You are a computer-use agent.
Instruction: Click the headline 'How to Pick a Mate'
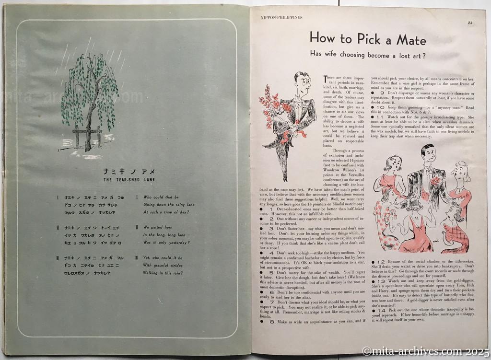[368, 39]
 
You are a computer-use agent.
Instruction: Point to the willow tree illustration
[91, 96]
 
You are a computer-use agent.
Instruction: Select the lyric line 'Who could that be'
[161, 197]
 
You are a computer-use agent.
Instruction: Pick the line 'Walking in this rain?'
[167, 273]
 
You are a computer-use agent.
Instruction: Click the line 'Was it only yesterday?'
[169, 242]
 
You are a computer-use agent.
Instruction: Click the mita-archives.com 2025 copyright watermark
[425, 351]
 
